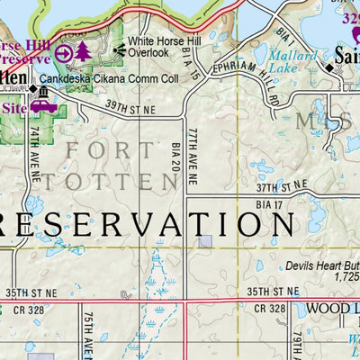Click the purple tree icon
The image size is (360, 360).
click(x=84, y=52)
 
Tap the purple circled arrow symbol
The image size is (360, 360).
click(x=64, y=53)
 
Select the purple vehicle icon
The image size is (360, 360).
click(x=43, y=105)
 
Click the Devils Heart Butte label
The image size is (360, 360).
click(x=322, y=266)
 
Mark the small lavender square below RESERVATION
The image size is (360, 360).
click(x=206, y=240)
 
